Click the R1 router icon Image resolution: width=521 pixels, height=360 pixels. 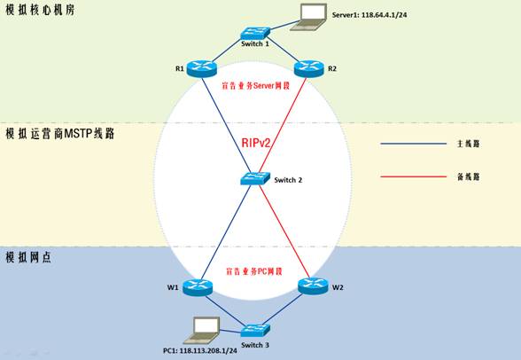(x=202, y=69)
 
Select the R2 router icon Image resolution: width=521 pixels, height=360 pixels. (x=309, y=69)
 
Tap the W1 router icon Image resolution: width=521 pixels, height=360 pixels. (x=198, y=287)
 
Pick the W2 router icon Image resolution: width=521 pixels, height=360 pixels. (x=313, y=286)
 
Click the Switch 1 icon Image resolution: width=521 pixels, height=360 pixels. (x=255, y=34)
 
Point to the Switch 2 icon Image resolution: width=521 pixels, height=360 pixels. (x=255, y=178)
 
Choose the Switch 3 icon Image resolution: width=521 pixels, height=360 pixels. (x=255, y=331)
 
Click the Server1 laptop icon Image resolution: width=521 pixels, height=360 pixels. (x=308, y=17)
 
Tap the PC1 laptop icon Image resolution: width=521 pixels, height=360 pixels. (x=202, y=330)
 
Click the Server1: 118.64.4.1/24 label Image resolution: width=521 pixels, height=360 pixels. (x=369, y=15)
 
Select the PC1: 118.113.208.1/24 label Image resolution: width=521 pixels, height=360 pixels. (x=200, y=351)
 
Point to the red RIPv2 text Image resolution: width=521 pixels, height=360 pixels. (x=256, y=143)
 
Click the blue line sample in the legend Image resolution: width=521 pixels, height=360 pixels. (x=413, y=144)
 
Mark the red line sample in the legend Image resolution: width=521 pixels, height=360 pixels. (x=413, y=176)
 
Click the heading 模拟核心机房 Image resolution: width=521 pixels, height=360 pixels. (x=40, y=10)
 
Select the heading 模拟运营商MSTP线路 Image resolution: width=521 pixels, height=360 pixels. (x=60, y=134)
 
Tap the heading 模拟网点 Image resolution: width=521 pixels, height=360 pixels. (x=28, y=257)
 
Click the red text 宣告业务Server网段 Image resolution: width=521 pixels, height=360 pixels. (x=255, y=86)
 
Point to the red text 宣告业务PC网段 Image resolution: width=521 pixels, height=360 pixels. (x=254, y=271)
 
